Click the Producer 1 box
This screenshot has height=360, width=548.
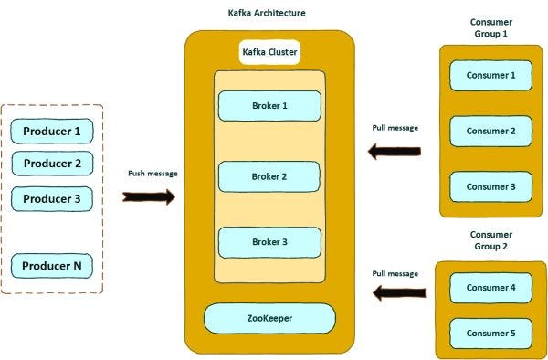coord(52,132)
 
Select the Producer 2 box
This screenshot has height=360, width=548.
coord(52,164)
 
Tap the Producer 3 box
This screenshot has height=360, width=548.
coord(52,198)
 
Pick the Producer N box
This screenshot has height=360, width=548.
coord(52,267)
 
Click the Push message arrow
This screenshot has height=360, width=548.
coord(148,196)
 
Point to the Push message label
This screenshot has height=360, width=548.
coord(152,174)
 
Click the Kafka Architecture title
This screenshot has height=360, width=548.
coord(266,13)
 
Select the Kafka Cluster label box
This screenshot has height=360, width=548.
coord(269,52)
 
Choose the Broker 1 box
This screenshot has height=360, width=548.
coord(269,105)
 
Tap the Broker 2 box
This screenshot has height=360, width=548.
coord(269,176)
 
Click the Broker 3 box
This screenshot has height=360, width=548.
coord(269,242)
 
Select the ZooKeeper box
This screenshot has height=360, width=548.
coord(269,318)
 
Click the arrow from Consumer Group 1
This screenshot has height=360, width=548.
coord(394,152)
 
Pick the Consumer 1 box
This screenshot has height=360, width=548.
coord(491,75)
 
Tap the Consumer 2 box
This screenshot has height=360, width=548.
coord(491,131)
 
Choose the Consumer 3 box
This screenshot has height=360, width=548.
coord(491,186)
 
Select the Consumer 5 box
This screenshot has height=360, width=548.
coord(491,334)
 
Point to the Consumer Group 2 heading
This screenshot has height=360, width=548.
coord(491,240)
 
